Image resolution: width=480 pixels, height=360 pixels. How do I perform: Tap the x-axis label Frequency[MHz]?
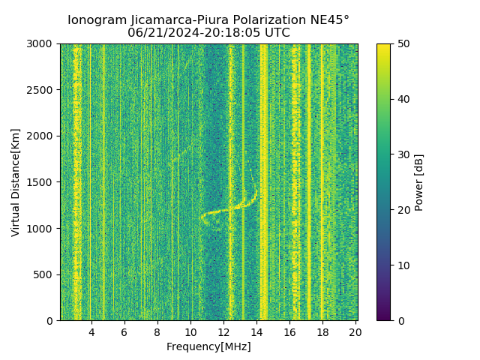pos(208,346)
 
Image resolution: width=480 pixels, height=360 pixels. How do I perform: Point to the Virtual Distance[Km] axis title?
pos(15,182)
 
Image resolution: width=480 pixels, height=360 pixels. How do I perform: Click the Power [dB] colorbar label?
pos(419,182)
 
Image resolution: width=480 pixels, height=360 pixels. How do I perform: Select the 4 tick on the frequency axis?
pos(91,331)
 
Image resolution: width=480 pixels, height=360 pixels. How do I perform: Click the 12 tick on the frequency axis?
pos(223,331)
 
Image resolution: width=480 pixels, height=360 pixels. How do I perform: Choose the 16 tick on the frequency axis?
pos(289,331)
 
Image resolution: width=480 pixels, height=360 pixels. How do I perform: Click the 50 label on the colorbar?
pos(403,43)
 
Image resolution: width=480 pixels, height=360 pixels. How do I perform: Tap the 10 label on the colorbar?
pos(403,265)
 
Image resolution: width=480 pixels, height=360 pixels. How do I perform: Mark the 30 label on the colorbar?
pos(403,154)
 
